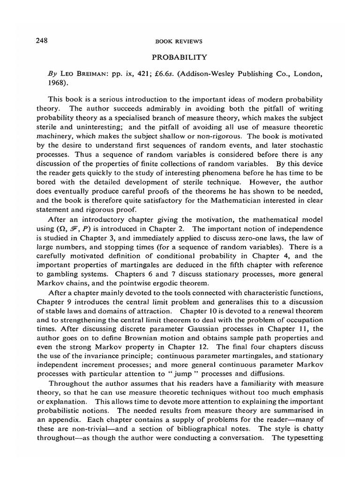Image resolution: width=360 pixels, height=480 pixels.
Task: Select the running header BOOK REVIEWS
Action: click(179, 41)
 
